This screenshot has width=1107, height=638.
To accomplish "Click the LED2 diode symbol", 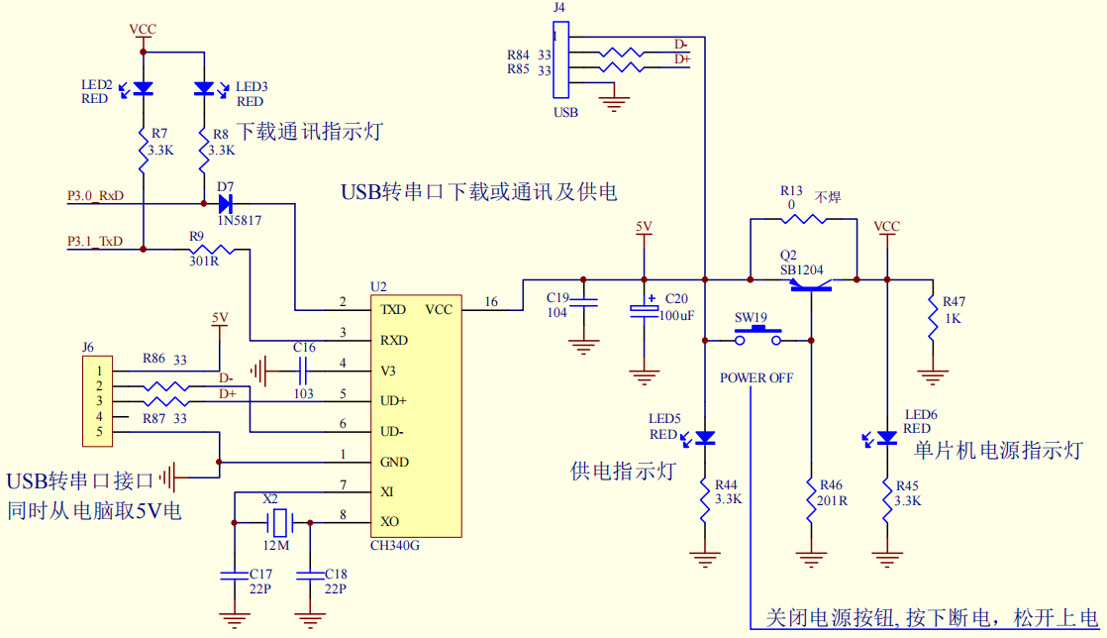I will tap(143, 89).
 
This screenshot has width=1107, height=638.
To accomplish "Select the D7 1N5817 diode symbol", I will tap(225, 204).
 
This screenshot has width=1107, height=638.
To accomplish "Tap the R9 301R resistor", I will tap(210, 250).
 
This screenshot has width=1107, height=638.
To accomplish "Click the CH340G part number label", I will tap(394, 544).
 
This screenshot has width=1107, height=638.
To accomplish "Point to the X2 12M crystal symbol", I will tap(281, 520).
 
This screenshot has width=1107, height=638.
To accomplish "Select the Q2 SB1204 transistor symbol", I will tap(810, 284).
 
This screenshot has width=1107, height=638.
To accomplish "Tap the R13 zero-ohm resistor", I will tap(803, 219).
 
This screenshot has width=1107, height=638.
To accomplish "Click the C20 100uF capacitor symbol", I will tap(645, 310).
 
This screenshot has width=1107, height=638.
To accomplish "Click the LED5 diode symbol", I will tap(705, 437).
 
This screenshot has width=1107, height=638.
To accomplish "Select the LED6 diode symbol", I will tap(887, 437).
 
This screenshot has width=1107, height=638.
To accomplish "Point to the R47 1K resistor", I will tap(931, 319).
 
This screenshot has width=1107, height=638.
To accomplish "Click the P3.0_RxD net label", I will tap(95, 196).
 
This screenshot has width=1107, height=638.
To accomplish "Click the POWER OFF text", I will tap(756, 377).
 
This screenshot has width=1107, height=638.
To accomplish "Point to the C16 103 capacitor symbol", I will tap(304, 372).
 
